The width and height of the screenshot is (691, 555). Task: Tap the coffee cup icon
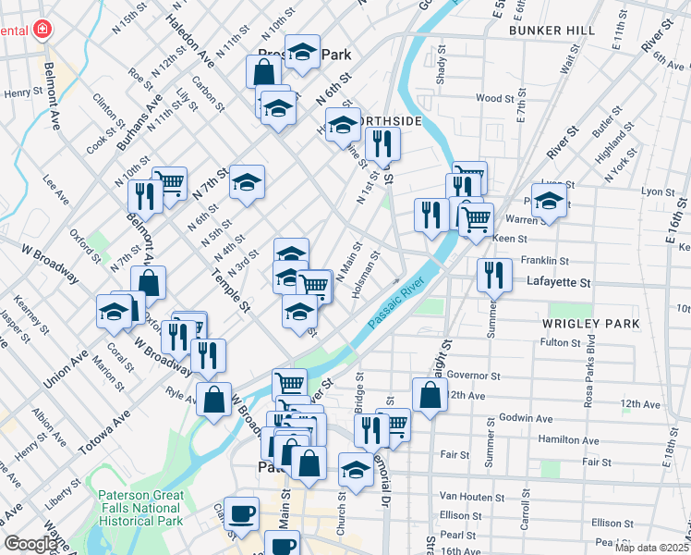click(x=242, y=512)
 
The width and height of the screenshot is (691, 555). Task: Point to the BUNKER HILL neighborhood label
click(x=552, y=31)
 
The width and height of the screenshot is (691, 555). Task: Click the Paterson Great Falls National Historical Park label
click(x=139, y=508)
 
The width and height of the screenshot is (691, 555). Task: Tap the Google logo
click(x=30, y=545)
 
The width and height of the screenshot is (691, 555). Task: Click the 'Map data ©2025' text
click(x=650, y=548)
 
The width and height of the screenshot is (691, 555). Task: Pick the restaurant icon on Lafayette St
click(x=494, y=275)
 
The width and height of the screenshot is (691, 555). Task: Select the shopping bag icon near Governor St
click(x=430, y=395)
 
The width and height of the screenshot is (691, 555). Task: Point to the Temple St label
click(x=230, y=286)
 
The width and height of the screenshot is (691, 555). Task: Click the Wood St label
click(x=495, y=98)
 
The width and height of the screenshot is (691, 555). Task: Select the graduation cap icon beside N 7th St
click(x=247, y=182)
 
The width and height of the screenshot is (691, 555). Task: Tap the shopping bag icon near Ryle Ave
click(x=213, y=400)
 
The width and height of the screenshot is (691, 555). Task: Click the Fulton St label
click(x=560, y=342)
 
